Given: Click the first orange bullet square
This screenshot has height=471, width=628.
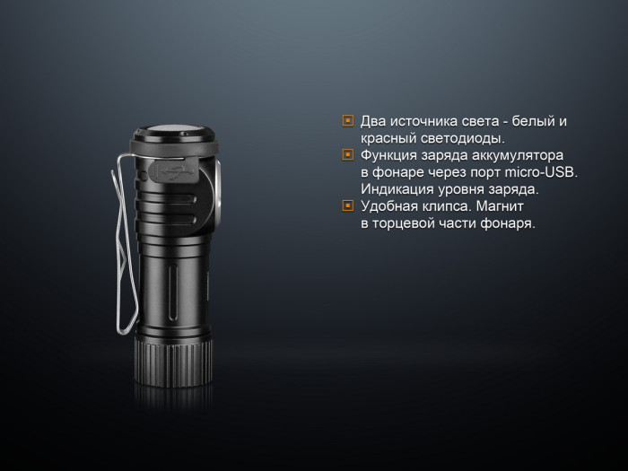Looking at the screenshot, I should tap(348, 121).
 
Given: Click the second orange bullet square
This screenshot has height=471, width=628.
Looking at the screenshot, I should tap(348, 155).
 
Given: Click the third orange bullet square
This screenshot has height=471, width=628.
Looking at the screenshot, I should tap(348, 206).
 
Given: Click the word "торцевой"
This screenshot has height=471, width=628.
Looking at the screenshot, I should tap(407, 223).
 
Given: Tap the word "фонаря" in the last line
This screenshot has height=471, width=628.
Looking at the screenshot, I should tap(508, 223).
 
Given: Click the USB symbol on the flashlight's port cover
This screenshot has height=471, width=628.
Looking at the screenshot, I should tap(174, 169).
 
